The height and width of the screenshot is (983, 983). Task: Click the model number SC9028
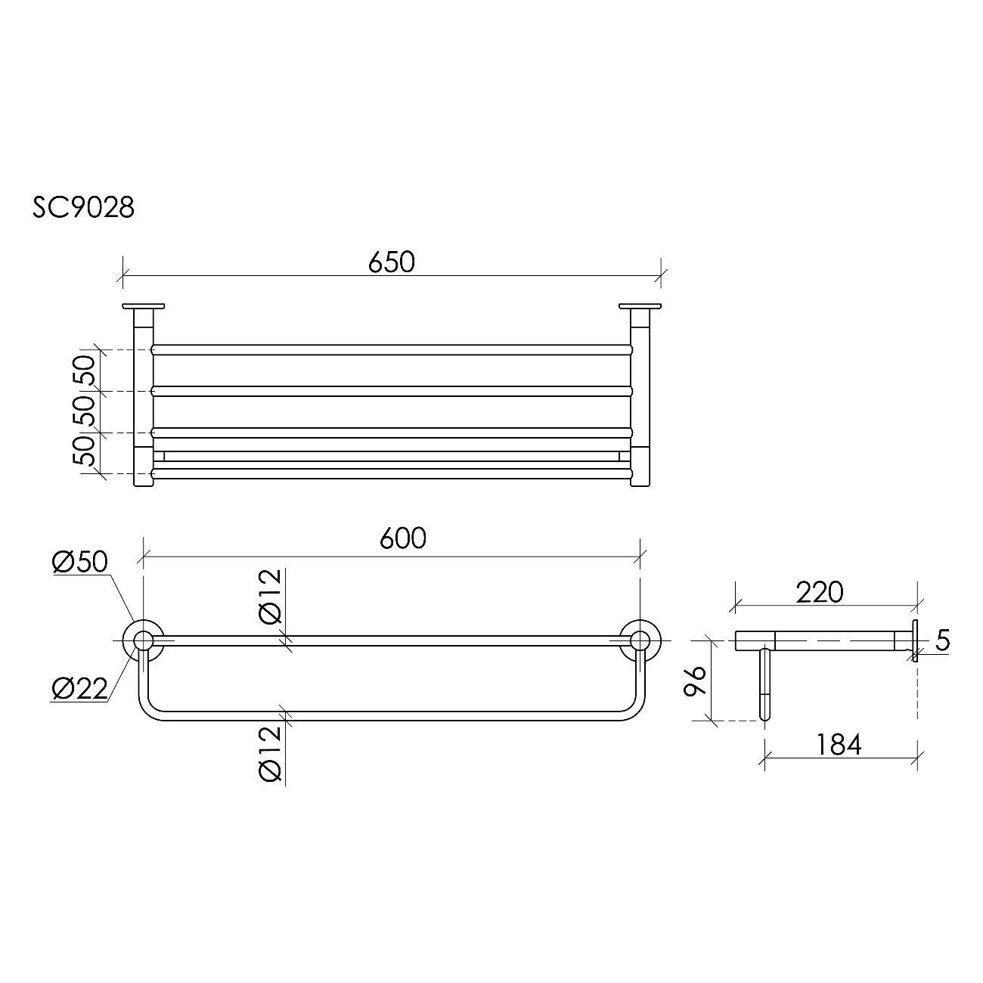pos(84,207)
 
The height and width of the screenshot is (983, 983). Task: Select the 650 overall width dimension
pos(391,262)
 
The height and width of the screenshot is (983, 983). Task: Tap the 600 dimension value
pos(402,538)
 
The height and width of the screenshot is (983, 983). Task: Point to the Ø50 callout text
pos(80,562)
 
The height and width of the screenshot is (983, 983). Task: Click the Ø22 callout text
pos(80,690)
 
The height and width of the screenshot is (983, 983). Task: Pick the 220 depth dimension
pos(820,593)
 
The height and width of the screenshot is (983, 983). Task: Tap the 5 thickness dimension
pos(943,640)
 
